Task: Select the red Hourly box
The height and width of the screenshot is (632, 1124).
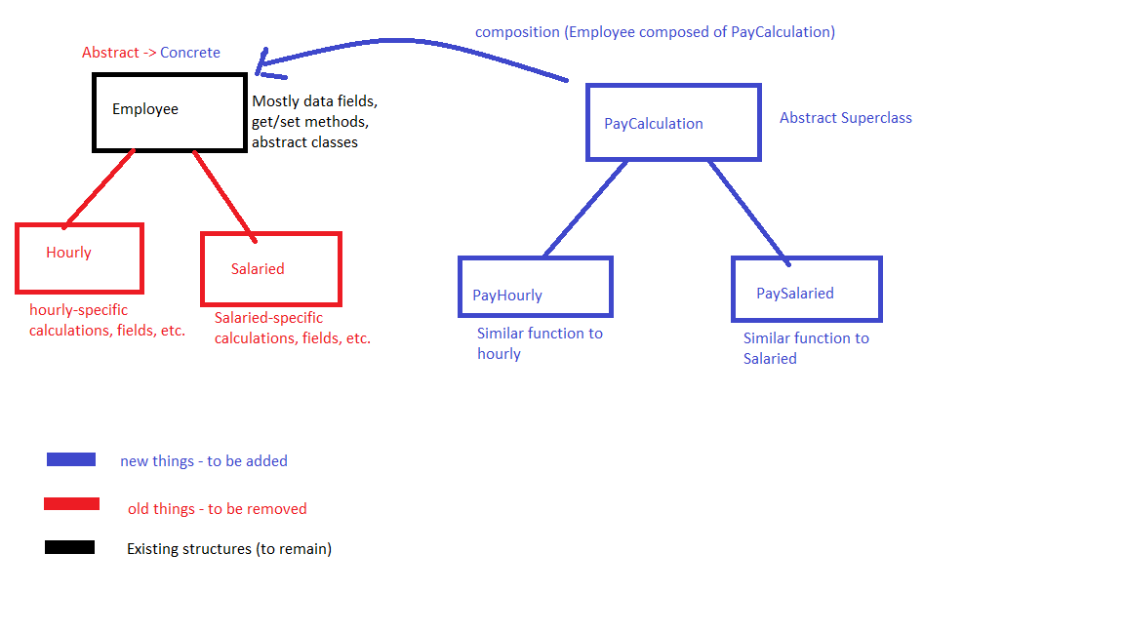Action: (79, 257)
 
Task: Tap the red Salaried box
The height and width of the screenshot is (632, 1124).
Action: (270, 268)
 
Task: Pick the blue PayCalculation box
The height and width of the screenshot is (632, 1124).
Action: (672, 123)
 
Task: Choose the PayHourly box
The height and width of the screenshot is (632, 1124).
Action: (535, 287)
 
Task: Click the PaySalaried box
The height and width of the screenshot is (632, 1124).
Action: (806, 289)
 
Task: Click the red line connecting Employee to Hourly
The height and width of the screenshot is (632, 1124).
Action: (99, 188)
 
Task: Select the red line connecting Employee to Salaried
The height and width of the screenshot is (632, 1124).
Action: (224, 194)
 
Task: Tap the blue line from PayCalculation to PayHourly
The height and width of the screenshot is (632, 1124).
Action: (584, 208)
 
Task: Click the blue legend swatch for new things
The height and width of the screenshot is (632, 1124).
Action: (71, 459)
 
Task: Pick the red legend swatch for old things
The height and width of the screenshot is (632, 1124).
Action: (71, 504)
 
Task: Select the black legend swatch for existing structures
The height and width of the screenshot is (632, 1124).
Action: (69, 547)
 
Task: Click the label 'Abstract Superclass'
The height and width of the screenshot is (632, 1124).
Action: (845, 118)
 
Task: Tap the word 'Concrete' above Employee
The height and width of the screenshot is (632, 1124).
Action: (189, 53)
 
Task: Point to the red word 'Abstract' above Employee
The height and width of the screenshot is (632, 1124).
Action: (109, 53)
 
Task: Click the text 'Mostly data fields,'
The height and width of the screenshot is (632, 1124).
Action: (314, 101)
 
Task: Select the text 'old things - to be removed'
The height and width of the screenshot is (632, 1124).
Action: (217, 509)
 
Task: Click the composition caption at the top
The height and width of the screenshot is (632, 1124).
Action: (654, 32)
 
